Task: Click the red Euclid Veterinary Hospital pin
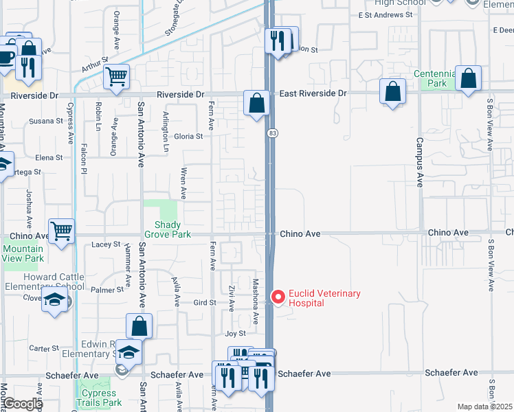(x=278, y=297)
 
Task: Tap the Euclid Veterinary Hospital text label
(x=324, y=298)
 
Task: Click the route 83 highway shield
(x=273, y=133)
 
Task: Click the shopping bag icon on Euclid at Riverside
(x=256, y=104)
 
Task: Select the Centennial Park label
(x=435, y=78)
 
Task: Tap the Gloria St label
(x=189, y=136)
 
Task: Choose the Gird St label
(x=205, y=302)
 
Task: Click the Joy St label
(x=236, y=333)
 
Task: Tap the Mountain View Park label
(x=23, y=254)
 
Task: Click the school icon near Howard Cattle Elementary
(x=54, y=300)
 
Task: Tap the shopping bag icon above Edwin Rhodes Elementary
(x=139, y=326)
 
